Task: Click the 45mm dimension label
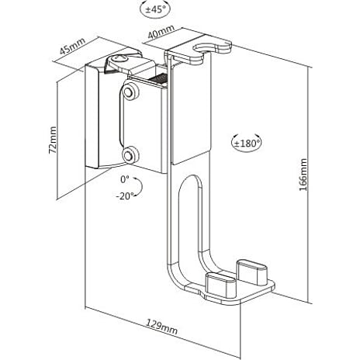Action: pyautogui.click(x=72, y=46)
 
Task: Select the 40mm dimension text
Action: pyautogui.click(x=161, y=32)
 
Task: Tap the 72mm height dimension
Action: pyautogui.click(x=53, y=140)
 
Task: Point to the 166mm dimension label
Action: pyautogui.click(x=303, y=175)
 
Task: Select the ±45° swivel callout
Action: pyautogui.click(x=155, y=9)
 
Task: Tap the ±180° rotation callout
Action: pyautogui.click(x=246, y=143)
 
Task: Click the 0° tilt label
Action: pyautogui.click(x=125, y=179)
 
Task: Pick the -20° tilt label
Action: pyautogui.click(x=125, y=196)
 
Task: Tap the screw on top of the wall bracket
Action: pyautogui.click(x=120, y=58)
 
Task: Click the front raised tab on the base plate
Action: pyautogui.click(x=220, y=284)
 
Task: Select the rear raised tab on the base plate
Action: pyautogui.click(x=252, y=271)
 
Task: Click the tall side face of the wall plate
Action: pyautogui.click(x=92, y=116)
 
